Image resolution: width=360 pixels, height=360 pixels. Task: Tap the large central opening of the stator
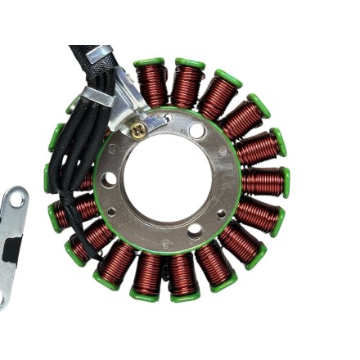171,178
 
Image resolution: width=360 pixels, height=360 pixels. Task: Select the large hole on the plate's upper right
196,131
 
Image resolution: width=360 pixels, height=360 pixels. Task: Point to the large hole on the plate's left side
108,178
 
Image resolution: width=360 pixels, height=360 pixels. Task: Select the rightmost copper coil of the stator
260,181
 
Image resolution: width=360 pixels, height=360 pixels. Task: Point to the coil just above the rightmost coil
256,148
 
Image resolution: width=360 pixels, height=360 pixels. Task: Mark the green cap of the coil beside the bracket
149,62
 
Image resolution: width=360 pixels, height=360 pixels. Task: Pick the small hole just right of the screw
169,118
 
